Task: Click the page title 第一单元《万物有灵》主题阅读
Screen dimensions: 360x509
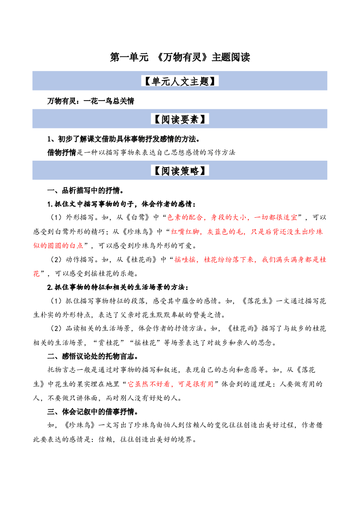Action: click(180, 57)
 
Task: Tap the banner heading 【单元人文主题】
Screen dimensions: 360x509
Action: click(180, 81)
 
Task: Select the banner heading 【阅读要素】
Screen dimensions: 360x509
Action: click(180, 119)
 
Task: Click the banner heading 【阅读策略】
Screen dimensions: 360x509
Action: click(180, 170)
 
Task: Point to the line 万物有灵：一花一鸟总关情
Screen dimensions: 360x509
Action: click(91, 101)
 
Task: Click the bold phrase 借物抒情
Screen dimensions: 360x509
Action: click(62, 152)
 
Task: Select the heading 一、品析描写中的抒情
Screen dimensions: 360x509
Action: click(85, 190)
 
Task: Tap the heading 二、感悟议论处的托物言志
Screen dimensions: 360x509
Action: click(93, 356)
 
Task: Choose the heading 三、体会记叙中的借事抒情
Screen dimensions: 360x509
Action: click(93, 411)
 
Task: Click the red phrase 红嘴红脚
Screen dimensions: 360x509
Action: click(185, 232)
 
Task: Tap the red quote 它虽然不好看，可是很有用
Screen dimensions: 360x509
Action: click(171, 384)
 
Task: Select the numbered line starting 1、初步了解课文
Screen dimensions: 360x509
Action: click(124, 139)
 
